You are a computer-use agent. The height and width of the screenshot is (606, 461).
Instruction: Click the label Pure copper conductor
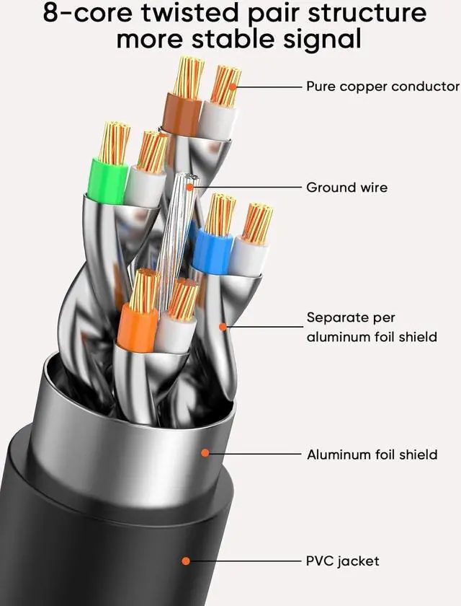(x=382, y=87)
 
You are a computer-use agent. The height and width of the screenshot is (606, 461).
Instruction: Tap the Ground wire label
(x=346, y=188)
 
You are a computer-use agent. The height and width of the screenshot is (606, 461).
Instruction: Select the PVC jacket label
(x=343, y=561)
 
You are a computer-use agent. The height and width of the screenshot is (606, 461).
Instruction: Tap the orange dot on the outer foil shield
(x=205, y=454)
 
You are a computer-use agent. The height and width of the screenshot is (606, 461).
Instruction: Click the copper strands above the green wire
(x=114, y=143)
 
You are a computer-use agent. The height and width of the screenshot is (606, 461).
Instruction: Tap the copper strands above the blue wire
(x=220, y=215)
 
